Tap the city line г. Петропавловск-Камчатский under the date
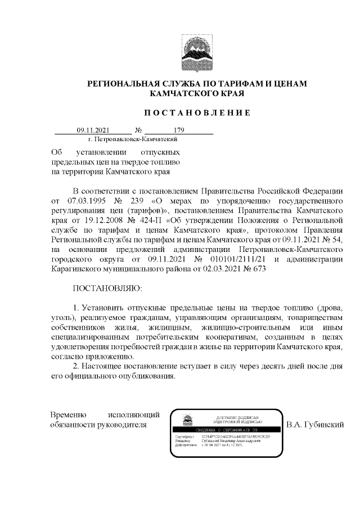click(x=133, y=138)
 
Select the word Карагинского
click(x=76, y=269)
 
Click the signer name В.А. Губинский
click(x=314, y=424)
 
